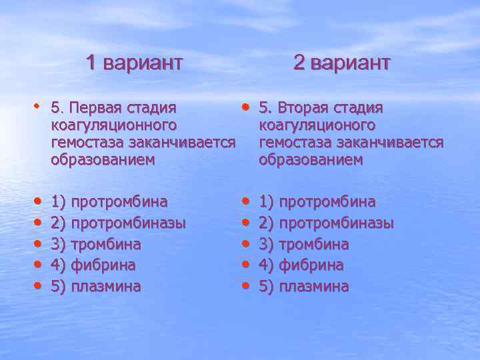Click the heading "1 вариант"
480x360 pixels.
(x=134, y=63)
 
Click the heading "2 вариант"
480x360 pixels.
(x=341, y=63)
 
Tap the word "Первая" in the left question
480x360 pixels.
(x=95, y=108)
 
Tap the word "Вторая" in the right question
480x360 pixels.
(x=303, y=108)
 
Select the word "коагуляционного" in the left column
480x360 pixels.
(x=113, y=125)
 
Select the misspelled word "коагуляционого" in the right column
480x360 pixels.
(x=317, y=125)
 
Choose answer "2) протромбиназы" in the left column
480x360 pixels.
(x=118, y=223)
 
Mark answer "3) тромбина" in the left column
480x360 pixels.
(x=97, y=244)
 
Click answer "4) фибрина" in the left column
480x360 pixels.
(x=93, y=265)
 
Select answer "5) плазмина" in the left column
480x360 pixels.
(x=96, y=287)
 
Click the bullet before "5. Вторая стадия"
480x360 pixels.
(x=246, y=107)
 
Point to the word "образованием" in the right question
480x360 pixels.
(x=311, y=160)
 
